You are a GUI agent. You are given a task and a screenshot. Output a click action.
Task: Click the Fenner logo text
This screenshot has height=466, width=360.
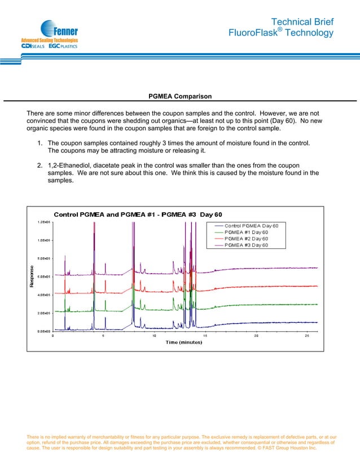[65, 30]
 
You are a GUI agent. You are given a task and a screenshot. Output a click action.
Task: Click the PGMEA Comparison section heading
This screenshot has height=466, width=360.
[180, 96]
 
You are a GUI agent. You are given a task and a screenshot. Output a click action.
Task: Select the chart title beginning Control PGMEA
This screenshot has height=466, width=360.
[138, 214]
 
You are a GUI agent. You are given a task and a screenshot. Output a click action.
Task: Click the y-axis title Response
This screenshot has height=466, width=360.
[33, 277]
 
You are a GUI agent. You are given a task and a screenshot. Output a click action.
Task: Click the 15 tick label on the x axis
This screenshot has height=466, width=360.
[205, 336]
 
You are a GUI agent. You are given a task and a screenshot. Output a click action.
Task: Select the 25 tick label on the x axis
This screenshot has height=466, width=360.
[307, 336]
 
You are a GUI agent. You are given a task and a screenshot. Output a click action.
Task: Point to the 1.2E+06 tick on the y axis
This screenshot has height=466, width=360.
[45, 222]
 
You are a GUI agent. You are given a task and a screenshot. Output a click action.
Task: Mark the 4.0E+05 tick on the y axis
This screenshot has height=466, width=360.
[45, 294]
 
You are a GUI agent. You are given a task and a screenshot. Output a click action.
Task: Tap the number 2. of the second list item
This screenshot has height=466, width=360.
[40, 165]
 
